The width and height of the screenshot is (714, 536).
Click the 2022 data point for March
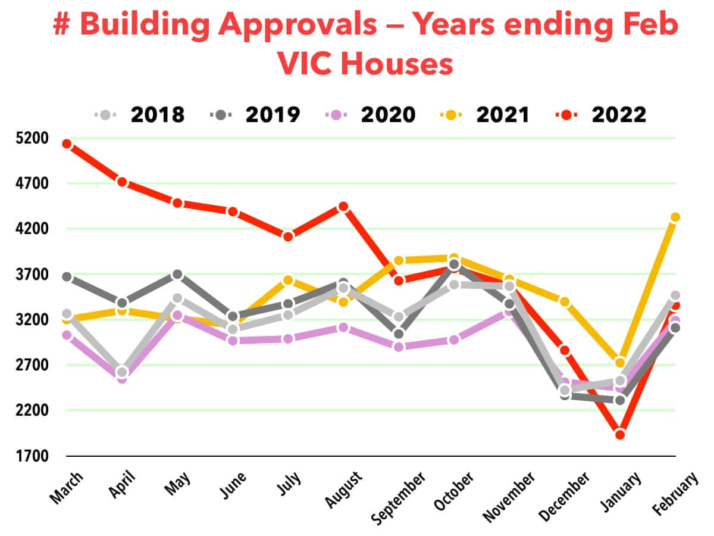[x=67, y=144]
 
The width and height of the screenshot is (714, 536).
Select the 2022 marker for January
[x=620, y=434]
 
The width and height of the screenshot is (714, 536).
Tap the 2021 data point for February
[x=675, y=217]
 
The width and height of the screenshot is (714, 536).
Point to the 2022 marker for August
[x=343, y=207]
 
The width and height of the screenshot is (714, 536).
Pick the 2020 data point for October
[x=454, y=339]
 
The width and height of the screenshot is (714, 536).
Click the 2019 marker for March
[x=67, y=277]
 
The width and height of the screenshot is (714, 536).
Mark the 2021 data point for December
[x=565, y=302]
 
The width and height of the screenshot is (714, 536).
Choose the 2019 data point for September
[x=399, y=334]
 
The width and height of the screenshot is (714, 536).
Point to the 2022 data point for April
[x=122, y=182]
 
